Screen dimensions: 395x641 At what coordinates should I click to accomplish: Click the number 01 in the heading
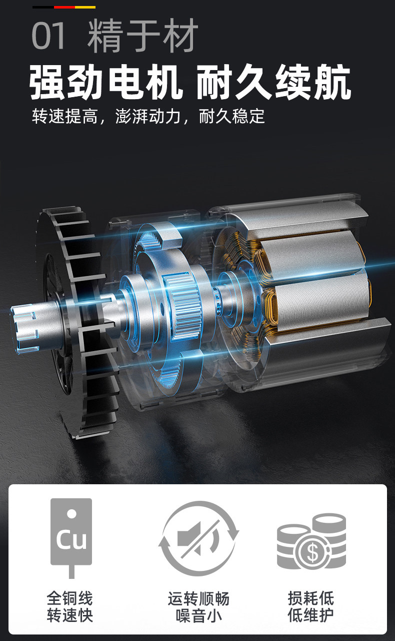[x=48, y=36]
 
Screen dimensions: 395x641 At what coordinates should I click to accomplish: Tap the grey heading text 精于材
[x=143, y=36]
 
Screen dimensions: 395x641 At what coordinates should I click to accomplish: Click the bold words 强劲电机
[x=106, y=82]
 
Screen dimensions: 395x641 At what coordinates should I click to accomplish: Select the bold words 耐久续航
[x=273, y=82]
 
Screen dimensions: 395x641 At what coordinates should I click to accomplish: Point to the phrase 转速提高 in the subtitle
[x=65, y=116]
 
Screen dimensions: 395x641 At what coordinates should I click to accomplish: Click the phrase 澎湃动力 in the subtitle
[x=148, y=116]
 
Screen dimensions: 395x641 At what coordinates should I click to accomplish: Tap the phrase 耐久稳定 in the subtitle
[x=232, y=116]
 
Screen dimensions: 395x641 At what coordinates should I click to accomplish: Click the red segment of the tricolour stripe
[x=64, y=7]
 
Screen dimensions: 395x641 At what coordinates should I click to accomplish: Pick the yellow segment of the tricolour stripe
[x=85, y=7]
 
